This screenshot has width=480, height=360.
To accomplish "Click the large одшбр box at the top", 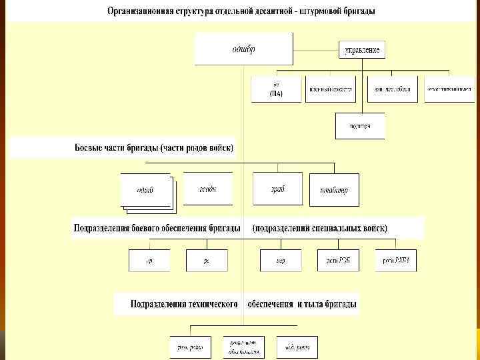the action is [243, 49].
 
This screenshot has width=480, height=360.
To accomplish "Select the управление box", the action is [362, 50].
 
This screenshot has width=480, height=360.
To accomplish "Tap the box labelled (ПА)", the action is [276, 89].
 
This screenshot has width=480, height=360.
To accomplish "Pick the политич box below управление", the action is [359, 125].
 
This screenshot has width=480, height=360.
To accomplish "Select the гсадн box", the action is [207, 189].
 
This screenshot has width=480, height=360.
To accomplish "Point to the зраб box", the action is [277, 189].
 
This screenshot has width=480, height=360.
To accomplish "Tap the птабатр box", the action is [334, 189].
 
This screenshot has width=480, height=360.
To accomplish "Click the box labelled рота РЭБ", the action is [338, 261].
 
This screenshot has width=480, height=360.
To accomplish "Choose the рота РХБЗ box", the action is [396, 261].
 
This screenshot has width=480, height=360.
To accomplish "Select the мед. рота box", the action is [297, 347].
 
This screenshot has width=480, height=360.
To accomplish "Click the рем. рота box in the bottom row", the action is [190, 347].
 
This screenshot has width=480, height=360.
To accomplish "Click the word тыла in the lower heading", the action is [317, 303].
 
